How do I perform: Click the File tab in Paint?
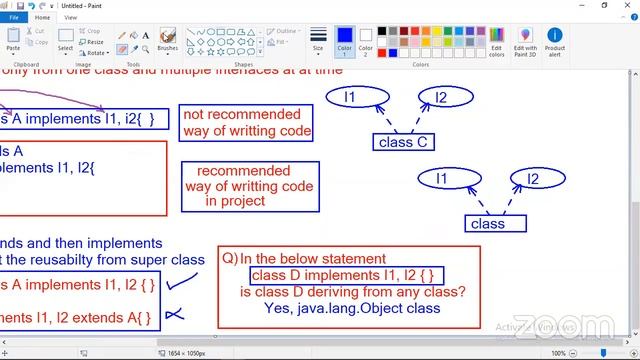click(14, 17)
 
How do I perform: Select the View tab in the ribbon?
click(70, 17)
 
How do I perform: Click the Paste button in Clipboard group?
click(13, 41)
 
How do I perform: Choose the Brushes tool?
click(167, 40)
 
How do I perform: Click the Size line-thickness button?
click(318, 40)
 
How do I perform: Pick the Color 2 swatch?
click(365, 40)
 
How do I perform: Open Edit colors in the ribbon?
click(497, 40)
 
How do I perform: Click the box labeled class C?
click(403, 142)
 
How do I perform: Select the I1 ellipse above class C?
click(350, 97)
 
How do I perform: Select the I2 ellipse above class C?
click(440, 97)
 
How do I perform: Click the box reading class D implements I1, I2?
click(346, 275)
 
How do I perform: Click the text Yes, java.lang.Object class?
click(352, 308)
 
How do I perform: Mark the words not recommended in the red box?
click(228, 115)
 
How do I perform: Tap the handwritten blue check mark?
click(179, 284)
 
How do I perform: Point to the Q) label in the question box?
click(230, 258)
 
